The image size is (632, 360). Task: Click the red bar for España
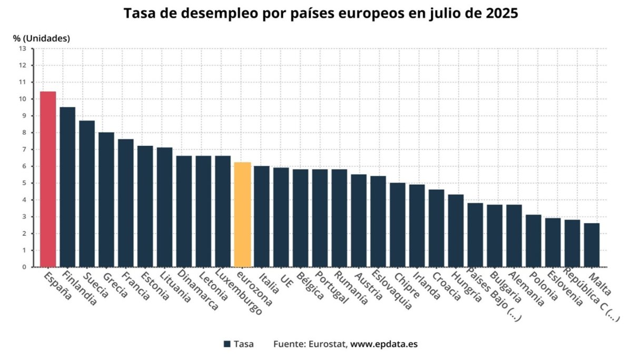point(48,179)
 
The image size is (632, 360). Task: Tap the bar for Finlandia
point(67,187)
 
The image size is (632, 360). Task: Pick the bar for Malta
point(591,245)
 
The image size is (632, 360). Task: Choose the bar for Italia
point(262,216)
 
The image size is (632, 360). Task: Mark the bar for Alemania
point(514,236)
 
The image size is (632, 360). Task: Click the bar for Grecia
point(106,199)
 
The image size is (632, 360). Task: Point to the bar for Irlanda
point(417,226)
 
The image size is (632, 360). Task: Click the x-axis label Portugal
point(332,288)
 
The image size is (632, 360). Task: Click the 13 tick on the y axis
point(22,48)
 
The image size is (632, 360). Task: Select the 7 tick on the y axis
point(23,149)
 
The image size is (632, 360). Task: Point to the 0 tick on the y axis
point(23,267)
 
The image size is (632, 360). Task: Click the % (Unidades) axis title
point(42,38)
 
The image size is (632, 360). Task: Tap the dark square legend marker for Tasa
point(228,344)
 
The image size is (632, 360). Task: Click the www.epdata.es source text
point(384,344)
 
